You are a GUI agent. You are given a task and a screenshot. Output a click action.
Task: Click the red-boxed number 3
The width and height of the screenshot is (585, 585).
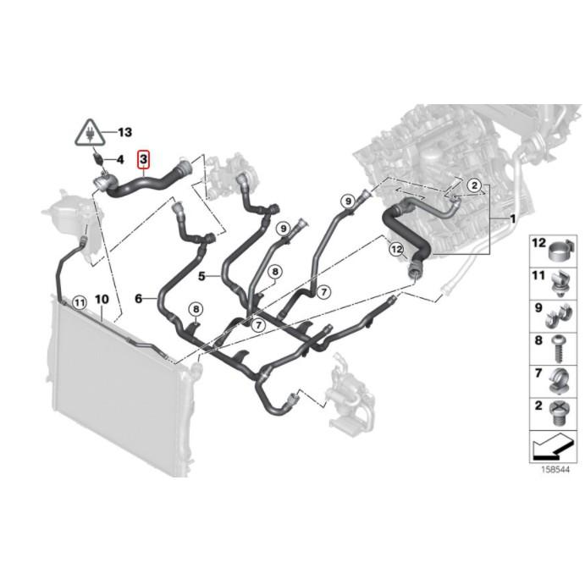(144, 158)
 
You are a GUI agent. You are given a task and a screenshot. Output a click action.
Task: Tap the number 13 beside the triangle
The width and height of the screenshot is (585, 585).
(124, 132)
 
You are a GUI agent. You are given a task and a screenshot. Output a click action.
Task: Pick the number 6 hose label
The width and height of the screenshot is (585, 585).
(139, 298)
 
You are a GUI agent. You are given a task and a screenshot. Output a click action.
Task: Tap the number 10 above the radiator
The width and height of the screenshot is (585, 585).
(102, 300)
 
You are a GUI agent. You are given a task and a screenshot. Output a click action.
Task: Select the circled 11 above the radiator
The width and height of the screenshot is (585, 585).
(79, 301)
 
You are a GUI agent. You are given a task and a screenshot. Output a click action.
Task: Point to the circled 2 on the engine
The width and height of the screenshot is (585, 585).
(475, 185)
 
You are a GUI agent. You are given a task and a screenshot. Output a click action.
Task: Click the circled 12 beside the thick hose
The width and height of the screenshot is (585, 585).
(395, 249)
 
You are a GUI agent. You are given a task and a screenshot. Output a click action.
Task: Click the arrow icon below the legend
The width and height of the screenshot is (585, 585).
(555, 444)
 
